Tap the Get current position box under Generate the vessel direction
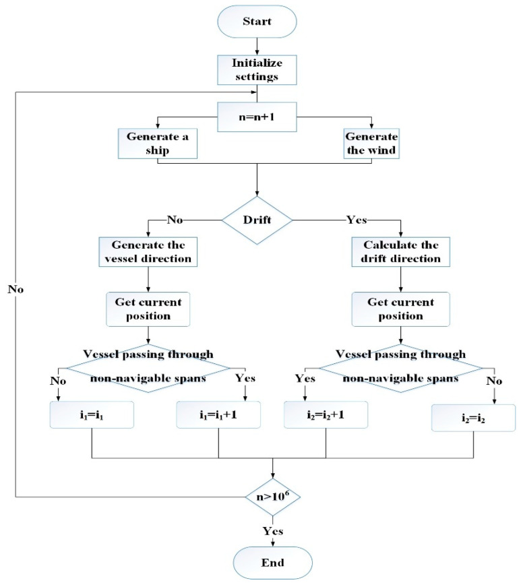(x=147, y=307)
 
